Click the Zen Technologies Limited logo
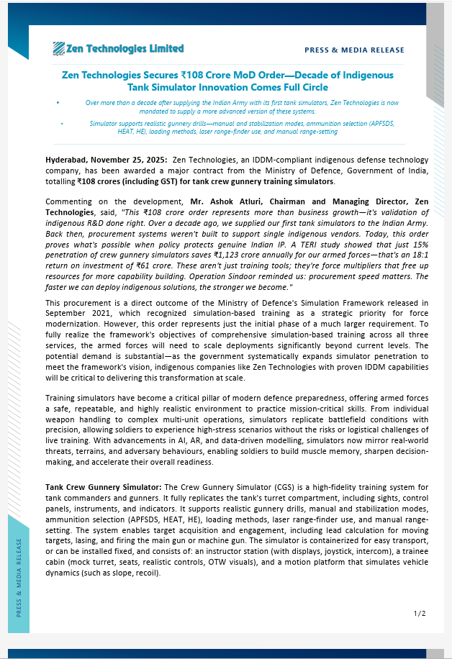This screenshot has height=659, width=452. pyautogui.click(x=118, y=49)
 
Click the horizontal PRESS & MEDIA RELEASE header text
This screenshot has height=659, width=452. pyautogui.click(x=354, y=50)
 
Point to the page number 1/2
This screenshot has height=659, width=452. pyautogui.click(x=420, y=613)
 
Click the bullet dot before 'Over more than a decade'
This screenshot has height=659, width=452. pyautogui.click(x=58, y=103)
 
